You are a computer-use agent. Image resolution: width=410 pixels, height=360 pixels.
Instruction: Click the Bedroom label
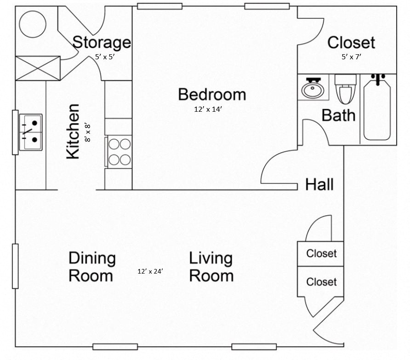tap(212, 95)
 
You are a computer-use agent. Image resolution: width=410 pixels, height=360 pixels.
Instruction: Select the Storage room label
tap(102, 42)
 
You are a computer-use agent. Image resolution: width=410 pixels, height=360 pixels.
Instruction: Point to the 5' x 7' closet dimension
tap(351, 57)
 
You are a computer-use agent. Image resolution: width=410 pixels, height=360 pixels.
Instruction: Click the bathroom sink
tap(313, 87)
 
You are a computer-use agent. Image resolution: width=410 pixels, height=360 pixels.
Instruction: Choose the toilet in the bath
tap(346, 89)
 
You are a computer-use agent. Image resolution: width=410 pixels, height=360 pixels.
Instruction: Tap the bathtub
tap(377, 109)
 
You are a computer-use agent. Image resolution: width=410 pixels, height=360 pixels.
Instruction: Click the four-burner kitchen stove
tap(119, 152)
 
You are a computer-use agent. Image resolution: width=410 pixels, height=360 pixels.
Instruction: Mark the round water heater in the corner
tap(32, 23)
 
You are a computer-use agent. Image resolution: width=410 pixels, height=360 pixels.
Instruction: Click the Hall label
tap(319, 185)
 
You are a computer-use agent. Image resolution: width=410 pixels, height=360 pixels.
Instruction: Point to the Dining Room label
tap(91, 267)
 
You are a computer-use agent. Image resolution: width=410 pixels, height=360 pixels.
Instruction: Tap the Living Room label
tap(211, 267)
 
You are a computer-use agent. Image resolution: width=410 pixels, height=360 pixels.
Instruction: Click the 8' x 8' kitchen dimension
tap(88, 131)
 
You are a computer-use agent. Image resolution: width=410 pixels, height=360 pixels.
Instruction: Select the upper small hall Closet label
tap(321, 253)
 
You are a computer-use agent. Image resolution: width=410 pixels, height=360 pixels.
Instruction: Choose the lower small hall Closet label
tap(321, 281)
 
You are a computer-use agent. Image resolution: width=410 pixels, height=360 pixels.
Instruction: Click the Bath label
tap(338, 115)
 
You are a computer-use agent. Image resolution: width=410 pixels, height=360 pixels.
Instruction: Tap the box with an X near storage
tap(38, 68)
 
